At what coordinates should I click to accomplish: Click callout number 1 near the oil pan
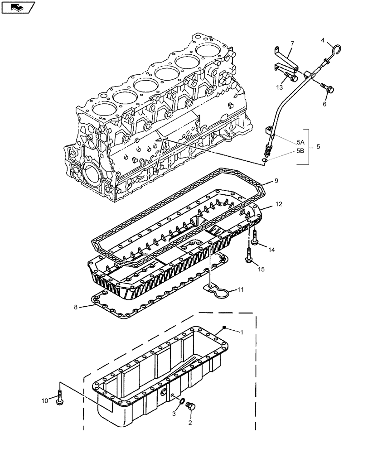[x=242, y=332]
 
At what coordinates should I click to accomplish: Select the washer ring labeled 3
[x=180, y=400]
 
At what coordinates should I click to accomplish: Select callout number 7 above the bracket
[x=292, y=44]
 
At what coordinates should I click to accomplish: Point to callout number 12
[x=278, y=205]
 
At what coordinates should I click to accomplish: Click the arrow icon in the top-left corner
[x=18, y=7]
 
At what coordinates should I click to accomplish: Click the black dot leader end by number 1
[x=225, y=327]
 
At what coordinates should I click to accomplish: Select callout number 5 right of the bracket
[x=318, y=146]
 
